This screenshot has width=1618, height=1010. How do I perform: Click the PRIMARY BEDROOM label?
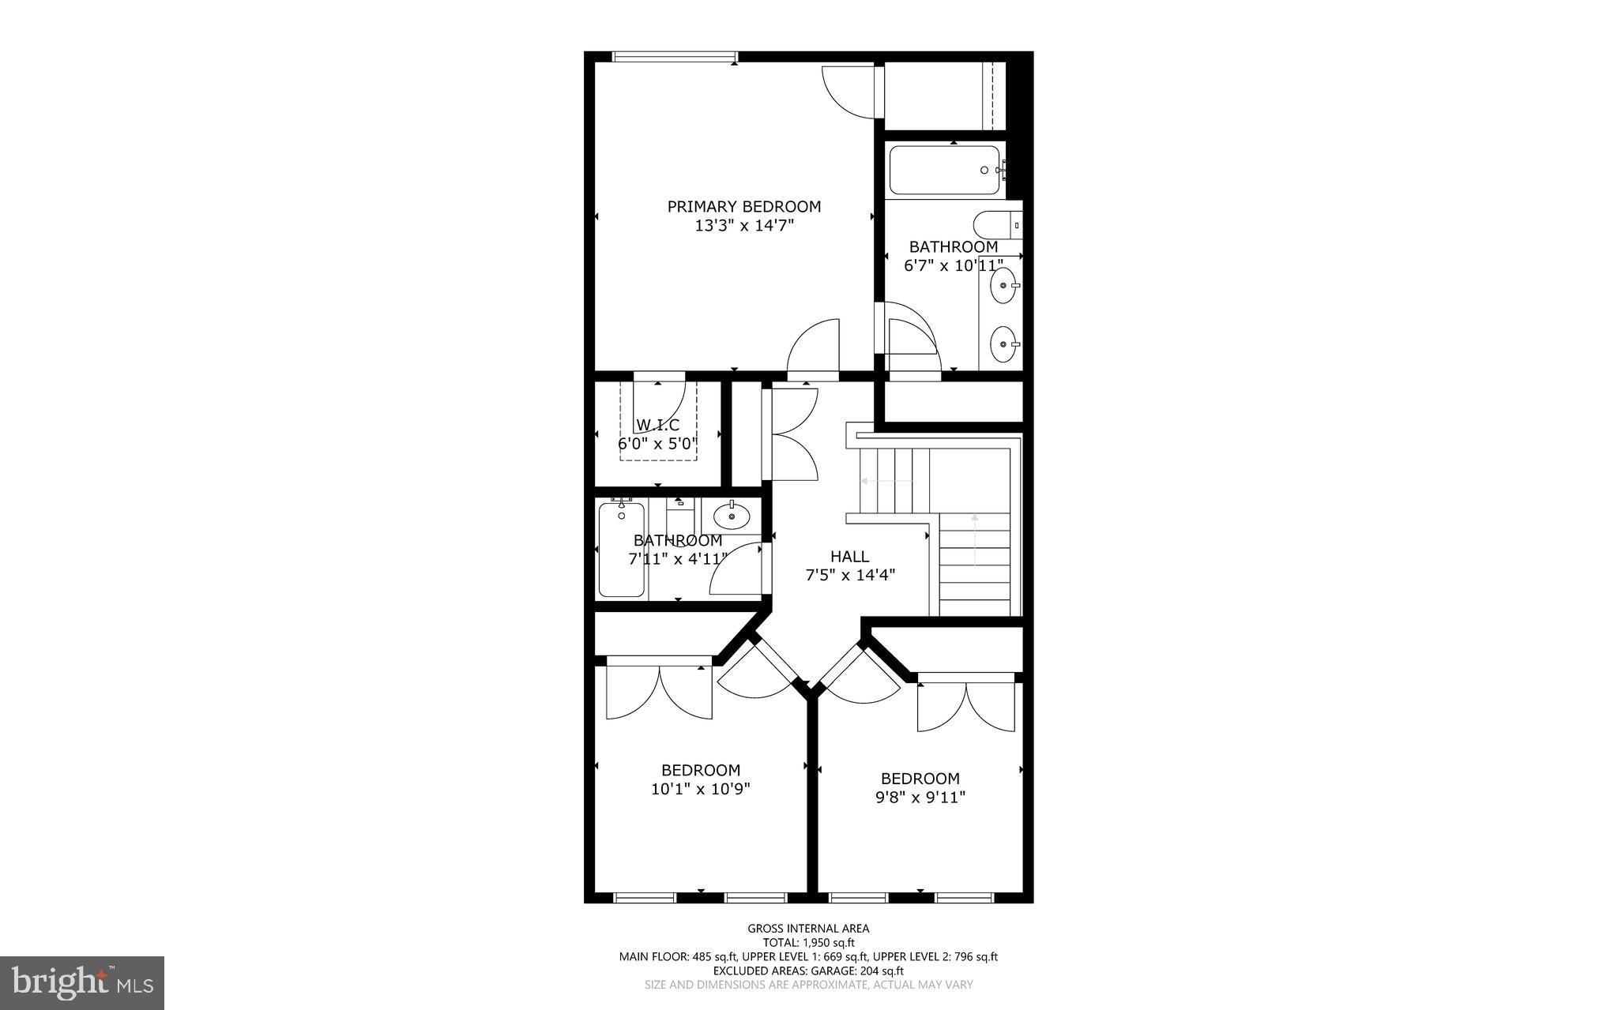pyautogui.click(x=743, y=206)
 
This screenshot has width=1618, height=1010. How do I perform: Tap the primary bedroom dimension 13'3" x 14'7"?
pyautogui.click(x=743, y=226)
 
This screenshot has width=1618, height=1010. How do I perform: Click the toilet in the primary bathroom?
pyautogui.click(x=996, y=225)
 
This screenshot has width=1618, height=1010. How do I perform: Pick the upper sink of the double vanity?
pyautogui.click(x=1004, y=285)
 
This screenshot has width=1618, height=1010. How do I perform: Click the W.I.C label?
pyautogui.click(x=657, y=425)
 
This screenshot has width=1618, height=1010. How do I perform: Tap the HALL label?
pyautogui.click(x=849, y=556)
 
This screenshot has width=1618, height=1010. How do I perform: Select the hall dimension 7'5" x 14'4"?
pyautogui.click(x=849, y=576)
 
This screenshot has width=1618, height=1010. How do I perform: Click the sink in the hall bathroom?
pyautogui.click(x=732, y=516)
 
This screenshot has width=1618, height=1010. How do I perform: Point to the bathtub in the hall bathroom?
pyautogui.click(x=622, y=550)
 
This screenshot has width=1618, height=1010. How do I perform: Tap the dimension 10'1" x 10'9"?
pyautogui.click(x=701, y=789)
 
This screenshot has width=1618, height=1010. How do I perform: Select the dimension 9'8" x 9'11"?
pyautogui.click(x=920, y=798)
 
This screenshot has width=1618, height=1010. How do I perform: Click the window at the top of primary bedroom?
pyautogui.click(x=675, y=56)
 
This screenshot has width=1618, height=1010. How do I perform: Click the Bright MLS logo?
pyautogui.click(x=82, y=983)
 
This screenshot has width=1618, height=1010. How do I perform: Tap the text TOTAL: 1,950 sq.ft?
pyautogui.click(x=808, y=942)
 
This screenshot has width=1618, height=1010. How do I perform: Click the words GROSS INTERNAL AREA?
pyautogui.click(x=808, y=929)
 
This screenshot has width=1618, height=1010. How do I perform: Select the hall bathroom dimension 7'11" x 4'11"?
pyautogui.click(x=677, y=560)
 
